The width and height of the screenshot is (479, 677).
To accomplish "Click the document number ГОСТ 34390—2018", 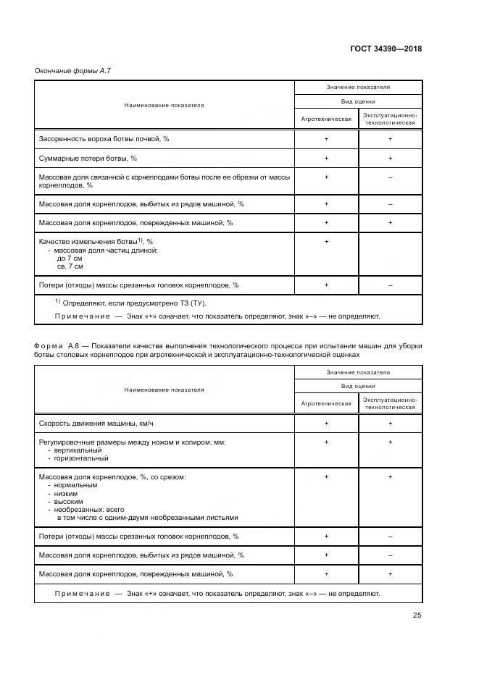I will (x=386, y=49).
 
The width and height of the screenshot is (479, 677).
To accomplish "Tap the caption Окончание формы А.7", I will (x=72, y=70).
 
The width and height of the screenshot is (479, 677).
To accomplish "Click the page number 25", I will (x=417, y=615).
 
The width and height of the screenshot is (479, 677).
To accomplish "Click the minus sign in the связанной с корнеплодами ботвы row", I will (x=390, y=177).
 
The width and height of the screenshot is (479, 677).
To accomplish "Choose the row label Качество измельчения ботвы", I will (x=95, y=241).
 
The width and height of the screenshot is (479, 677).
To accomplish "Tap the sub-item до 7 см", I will (x=70, y=258).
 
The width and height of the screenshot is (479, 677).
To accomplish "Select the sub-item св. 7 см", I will (x=70, y=266).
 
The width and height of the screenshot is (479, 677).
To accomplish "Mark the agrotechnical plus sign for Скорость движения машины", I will (x=326, y=423).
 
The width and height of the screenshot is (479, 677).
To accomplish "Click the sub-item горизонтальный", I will (x=78, y=458).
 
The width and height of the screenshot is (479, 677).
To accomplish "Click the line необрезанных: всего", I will (x=83, y=510).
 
